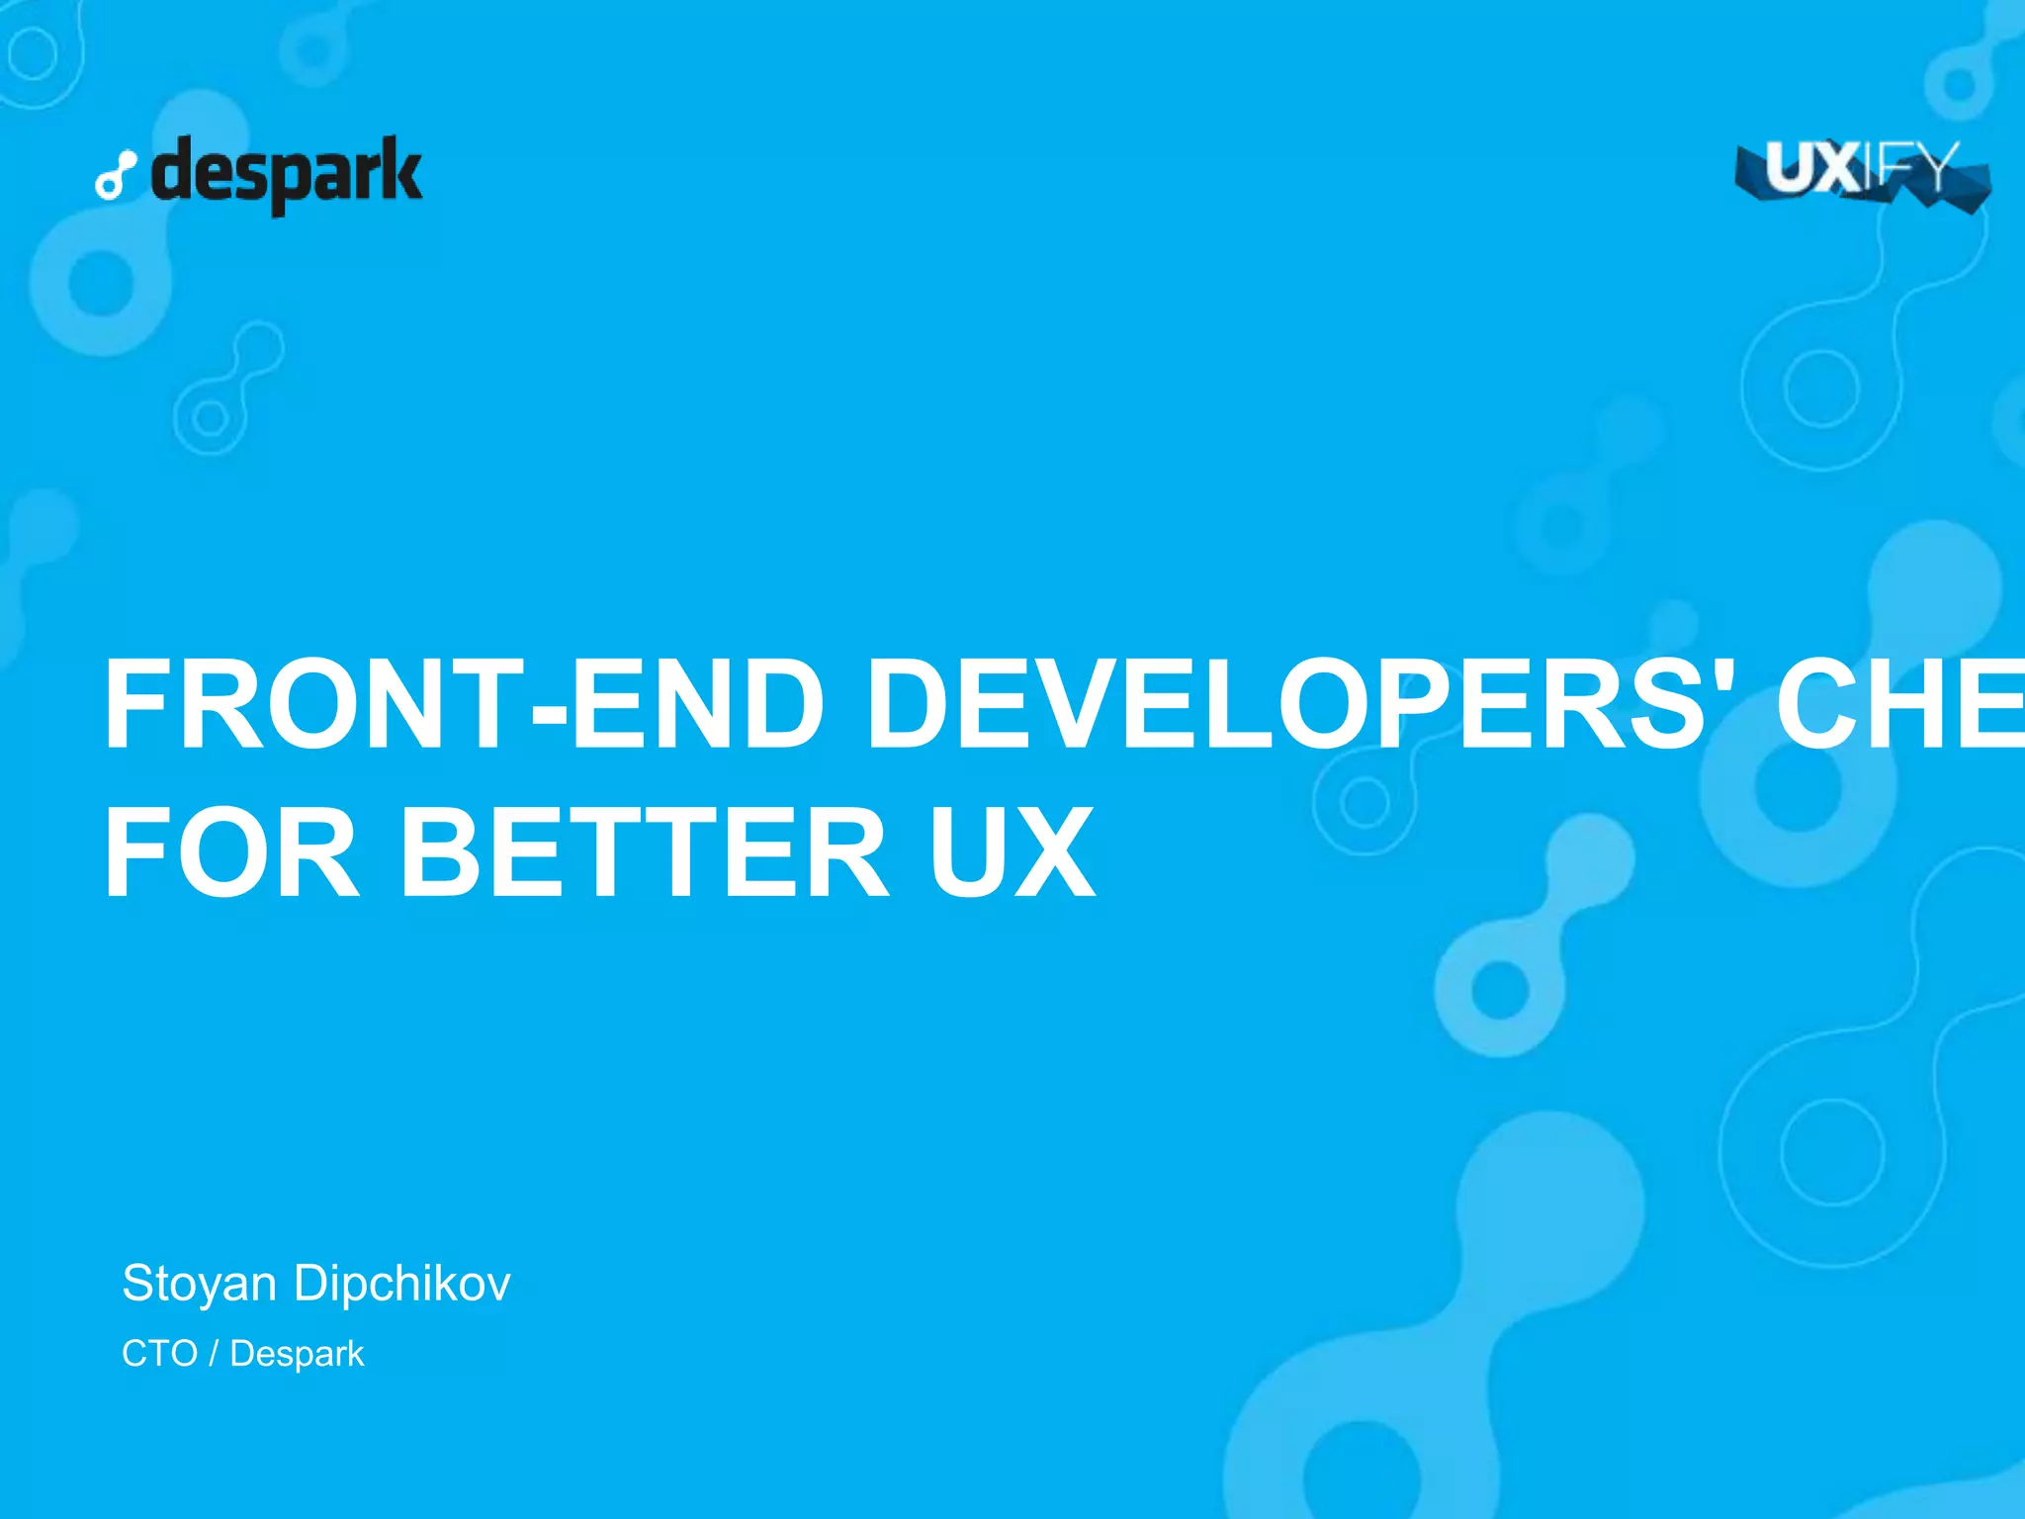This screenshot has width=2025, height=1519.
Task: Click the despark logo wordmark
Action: tap(287, 174)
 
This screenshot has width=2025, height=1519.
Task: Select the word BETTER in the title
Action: tap(644, 852)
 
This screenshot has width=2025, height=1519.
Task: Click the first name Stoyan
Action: tap(199, 1284)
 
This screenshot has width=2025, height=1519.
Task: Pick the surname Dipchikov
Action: tap(401, 1284)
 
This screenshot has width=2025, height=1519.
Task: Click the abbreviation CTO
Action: tap(159, 1353)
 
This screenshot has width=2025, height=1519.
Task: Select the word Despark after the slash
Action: tap(297, 1354)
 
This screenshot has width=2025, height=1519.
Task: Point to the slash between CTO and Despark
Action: tap(214, 1353)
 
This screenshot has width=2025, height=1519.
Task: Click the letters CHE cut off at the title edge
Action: tap(1898, 704)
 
